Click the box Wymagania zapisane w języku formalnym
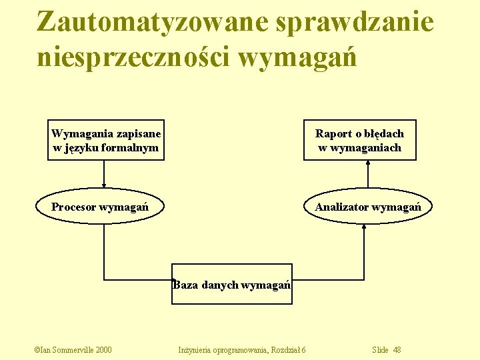pyautogui.click(x=106, y=141)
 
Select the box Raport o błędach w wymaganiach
pyautogui.click(x=359, y=141)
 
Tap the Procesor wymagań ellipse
pyautogui.click(x=100, y=207)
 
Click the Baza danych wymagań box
pyautogui.click(x=231, y=285)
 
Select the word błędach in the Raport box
pyautogui.click(x=384, y=134)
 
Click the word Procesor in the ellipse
pyautogui.click(x=73, y=207)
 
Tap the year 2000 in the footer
pyautogui.click(x=103, y=350)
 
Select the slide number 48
pyautogui.click(x=397, y=350)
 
